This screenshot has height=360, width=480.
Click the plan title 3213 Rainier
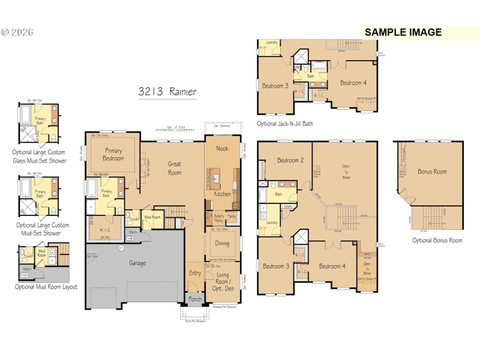[167, 92]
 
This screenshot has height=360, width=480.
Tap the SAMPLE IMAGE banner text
[403, 32]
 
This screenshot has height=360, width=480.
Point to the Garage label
[142, 262]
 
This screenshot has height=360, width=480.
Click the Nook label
[223, 148]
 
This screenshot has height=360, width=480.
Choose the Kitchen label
[223, 194]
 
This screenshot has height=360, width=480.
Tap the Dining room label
[222, 244]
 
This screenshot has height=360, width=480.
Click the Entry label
[195, 273]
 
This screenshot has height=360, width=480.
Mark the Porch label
[196, 299]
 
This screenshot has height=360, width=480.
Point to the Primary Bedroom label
[114, 154]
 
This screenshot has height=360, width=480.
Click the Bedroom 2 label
[289, 160]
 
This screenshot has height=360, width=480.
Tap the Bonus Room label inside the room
[432, 172]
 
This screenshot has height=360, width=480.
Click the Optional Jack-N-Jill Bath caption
[285, 124]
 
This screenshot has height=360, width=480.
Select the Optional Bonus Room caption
[437, 240]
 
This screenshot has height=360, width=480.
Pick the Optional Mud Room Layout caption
[46, 287]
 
